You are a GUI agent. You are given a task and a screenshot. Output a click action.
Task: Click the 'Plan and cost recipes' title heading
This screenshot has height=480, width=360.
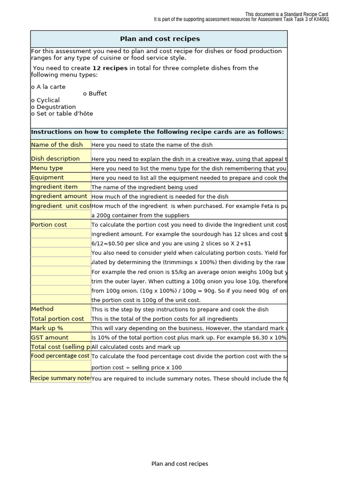click(x=160, y=39)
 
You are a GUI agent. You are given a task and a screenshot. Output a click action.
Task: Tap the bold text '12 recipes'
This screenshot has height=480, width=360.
click(x=110, y=68)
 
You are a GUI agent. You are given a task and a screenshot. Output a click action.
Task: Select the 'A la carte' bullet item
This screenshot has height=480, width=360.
click(x=48, y=87)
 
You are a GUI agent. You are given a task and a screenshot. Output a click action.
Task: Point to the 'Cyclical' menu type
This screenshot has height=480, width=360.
click(x=45, y=100)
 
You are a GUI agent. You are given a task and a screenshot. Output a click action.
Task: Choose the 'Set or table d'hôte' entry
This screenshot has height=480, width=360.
click(x=62, y=113)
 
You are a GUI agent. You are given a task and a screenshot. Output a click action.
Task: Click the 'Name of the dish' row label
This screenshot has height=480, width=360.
click(x=57, y=145)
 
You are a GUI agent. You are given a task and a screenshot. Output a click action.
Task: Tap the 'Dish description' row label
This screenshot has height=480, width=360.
click(x=55, y=158)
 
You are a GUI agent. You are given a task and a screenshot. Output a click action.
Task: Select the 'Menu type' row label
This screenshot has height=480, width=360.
click(x=47, y=168)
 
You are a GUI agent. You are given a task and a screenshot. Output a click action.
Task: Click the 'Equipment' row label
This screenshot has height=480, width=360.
click(x=47, y=177)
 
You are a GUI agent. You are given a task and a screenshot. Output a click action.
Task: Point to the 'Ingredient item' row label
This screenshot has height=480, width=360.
click(x=54, y=187)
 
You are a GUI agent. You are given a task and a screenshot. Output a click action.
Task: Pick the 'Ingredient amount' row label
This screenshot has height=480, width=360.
click(x=59, y=196)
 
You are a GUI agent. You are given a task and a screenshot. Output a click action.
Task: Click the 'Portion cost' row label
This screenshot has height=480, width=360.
click(x=49, y=225)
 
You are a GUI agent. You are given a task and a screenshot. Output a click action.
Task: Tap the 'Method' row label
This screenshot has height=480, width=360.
click(x=42, y=309)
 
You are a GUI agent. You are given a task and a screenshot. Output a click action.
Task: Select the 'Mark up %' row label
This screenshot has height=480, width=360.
click(x=47, y=328)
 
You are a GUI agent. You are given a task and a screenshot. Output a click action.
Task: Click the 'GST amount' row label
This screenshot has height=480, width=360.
click(x=50, y=337)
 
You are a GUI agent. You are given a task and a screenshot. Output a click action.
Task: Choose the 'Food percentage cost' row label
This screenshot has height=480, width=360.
click(x=60, y=356)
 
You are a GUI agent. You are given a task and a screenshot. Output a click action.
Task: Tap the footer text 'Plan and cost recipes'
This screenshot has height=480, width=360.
click(x=180, y=464)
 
